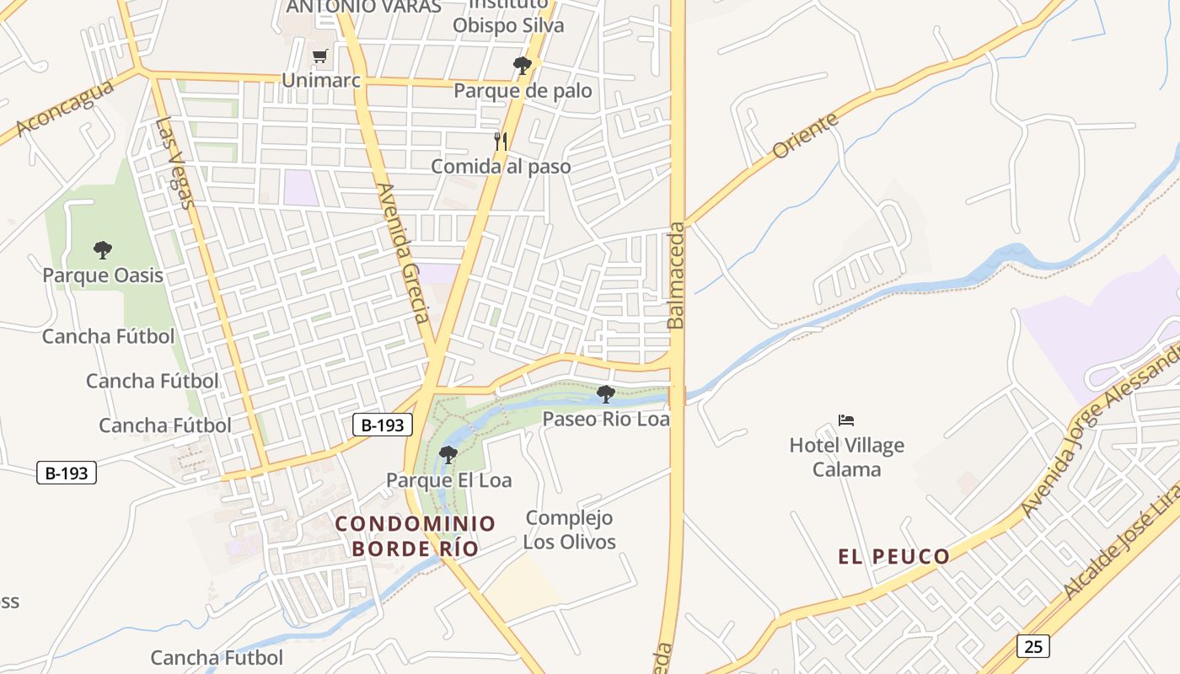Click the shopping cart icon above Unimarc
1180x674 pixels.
[x=319, y=56]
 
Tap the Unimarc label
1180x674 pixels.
[x=321, y=81]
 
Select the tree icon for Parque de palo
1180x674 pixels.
[x=523, y=65]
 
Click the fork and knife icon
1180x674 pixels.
[x=501, y=141]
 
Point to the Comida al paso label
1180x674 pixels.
[x=501, y=167]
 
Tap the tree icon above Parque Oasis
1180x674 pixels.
[x=103, y=249]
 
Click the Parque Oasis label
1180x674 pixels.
[x=103, y=275]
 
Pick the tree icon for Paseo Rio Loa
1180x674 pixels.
[x=605, y=393]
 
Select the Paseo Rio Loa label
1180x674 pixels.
[x=606, y=419]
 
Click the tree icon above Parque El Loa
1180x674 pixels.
[x=448, y=455]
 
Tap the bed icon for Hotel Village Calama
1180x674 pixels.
[x=846, y=420]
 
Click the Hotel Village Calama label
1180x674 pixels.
[x=846, y=457]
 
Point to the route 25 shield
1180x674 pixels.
[x=1033, y=646]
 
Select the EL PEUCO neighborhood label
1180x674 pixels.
[x=893, y=556]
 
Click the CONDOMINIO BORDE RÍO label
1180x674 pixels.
[x=416, y=536]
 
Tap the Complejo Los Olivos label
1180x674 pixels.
[x=569, y=530]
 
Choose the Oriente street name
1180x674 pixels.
[x=806, y=135]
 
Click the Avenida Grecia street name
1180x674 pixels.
[x=404, y=254]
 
